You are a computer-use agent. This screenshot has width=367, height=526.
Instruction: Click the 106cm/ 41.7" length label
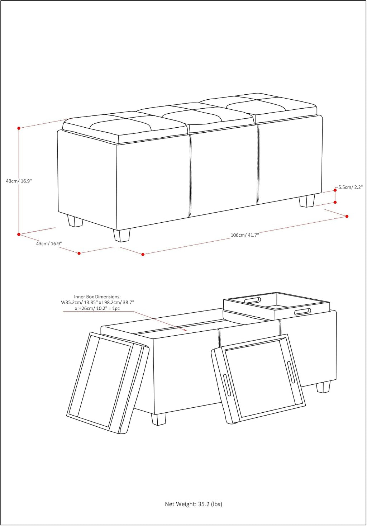coord(245,235)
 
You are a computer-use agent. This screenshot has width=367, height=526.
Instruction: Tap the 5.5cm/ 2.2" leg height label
coord(351,188)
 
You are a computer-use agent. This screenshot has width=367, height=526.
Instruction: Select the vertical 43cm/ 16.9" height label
coord(19,181)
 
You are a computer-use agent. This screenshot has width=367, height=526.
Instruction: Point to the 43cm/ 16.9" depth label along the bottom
coord(49,243)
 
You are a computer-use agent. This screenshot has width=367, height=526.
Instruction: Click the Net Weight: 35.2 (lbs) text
coord(193,504)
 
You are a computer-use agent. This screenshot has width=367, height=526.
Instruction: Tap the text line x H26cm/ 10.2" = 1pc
coord(97,308)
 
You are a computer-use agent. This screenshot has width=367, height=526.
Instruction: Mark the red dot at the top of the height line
coord(19,128)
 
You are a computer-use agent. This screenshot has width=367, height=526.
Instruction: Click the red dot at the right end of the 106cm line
coord(347,216)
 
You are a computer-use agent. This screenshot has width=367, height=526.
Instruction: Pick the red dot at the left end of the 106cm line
coord(143,254)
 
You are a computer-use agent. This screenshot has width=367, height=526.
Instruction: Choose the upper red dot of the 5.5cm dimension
coord(335,190)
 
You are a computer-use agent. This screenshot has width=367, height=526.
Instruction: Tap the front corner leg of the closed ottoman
coord(121,235)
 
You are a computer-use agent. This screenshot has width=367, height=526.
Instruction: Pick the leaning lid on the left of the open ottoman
coord(108,383)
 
